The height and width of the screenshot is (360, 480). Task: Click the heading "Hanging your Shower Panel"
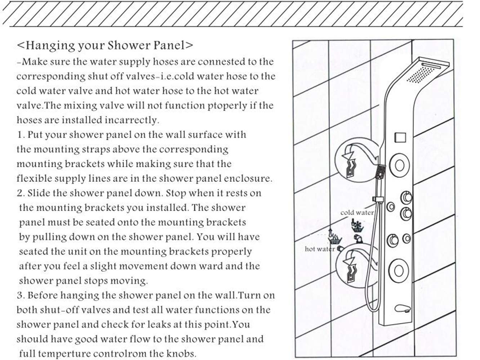click(105, 46)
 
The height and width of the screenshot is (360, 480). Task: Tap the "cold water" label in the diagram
click(357, 212)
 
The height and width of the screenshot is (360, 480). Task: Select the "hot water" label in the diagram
click(319, 249)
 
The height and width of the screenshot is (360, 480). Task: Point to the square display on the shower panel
click(400, 137)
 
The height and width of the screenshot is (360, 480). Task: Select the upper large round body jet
click(400, 166)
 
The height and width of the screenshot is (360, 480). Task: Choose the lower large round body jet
click(400, 269)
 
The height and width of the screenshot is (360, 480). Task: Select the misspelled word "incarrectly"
click(132, 120)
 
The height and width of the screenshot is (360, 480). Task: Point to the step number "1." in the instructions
click(21, 135)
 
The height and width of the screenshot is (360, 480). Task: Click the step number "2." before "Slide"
click(21, 193)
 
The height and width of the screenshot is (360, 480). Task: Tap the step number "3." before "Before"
click(21, 296)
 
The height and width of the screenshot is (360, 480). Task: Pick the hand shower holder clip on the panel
click(377, 199)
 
